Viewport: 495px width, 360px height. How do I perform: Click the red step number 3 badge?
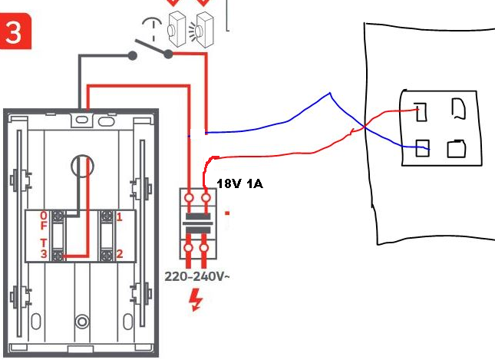[x=15, y=31]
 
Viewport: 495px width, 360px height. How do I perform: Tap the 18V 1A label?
[x=240, y=183]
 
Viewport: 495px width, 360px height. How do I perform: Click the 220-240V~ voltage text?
[x=197, y=276]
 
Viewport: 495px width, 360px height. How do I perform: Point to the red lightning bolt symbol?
[x=196, y=299]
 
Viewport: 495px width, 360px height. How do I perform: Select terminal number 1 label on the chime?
[x=119, y=217]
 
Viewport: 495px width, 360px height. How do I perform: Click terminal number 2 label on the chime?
[x=119, y=254]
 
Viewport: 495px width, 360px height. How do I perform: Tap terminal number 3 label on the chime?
[x=44, y=254]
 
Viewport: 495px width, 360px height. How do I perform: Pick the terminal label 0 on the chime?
[x=44, y=216]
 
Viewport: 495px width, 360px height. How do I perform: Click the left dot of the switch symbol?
[x=133, y=56]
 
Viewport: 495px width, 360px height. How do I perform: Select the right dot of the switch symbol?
[x=169, y=54]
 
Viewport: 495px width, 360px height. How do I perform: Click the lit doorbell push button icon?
[x=204, y=30]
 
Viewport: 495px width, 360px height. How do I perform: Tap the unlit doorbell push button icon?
[x=177, y=29]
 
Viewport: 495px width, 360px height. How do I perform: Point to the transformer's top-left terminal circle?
[x=189, y=198]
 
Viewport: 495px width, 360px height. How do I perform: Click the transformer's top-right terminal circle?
[x=206, y=198]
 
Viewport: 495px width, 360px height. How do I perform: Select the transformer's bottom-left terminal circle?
[x=189, y=248]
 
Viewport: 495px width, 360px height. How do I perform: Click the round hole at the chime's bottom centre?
[x=82, y=322]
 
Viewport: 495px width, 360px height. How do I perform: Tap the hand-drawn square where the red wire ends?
[x=421, y=112]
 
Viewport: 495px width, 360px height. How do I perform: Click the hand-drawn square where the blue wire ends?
[x=422, y=148]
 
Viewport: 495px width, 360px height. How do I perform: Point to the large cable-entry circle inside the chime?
[x=82, y=166]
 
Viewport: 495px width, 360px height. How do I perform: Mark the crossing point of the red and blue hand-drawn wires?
[x=365, y=127]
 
